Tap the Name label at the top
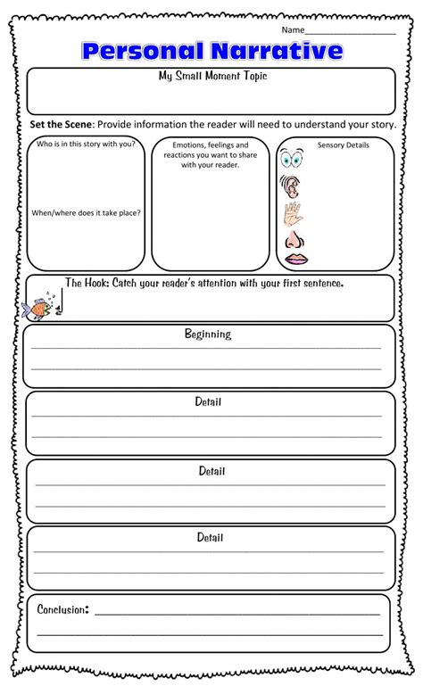point(293,29)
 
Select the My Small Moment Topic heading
point(212,77)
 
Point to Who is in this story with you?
point(86,143)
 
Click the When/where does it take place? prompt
point(86,212)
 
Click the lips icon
point(295,260)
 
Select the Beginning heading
point(208,335)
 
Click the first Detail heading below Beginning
point(208,402)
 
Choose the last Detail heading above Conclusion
point(211,538)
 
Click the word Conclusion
point(62,609)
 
